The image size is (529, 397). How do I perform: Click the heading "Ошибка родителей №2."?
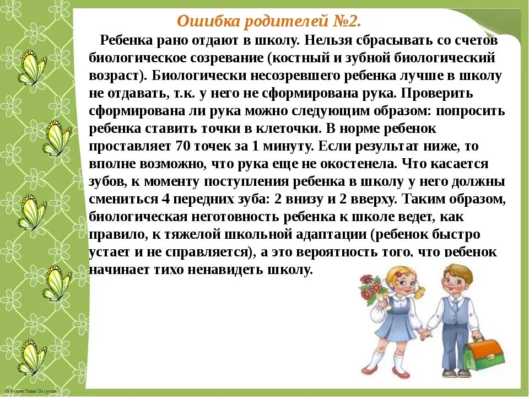coord(269,22)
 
